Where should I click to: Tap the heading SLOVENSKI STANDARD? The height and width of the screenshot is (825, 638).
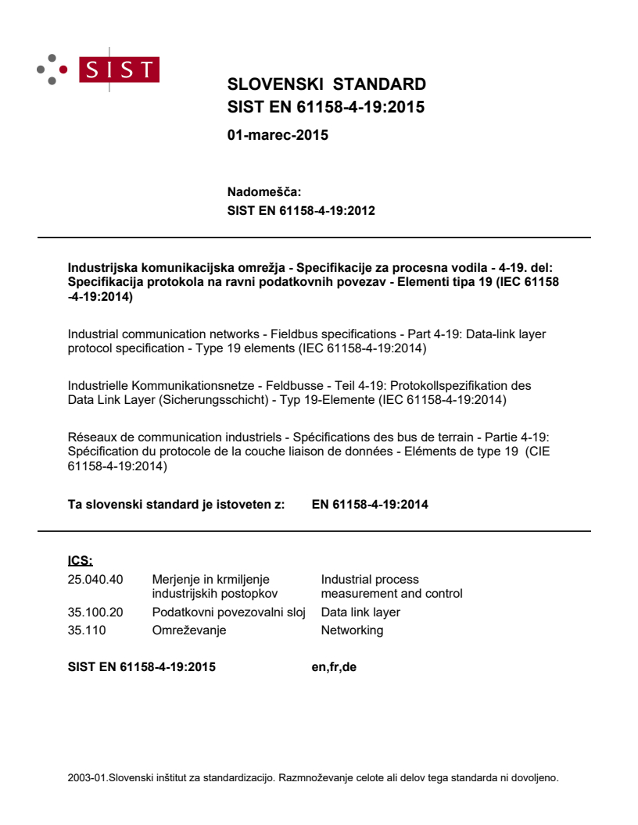coord(326,84)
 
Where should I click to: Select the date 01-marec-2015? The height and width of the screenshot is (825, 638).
coord(277,135)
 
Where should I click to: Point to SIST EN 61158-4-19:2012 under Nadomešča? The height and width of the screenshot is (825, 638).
coord(301,210)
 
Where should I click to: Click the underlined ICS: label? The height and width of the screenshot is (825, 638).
coord(81,560)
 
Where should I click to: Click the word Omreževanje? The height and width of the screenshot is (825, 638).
coord(188,630)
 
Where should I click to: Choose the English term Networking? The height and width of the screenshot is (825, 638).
coord(352,630)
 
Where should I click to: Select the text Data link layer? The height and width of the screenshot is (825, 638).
coord(360,612)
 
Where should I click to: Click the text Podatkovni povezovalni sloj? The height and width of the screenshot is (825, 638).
coord(228,612)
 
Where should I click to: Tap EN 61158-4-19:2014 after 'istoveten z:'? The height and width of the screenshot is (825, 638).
coord(370,504)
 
